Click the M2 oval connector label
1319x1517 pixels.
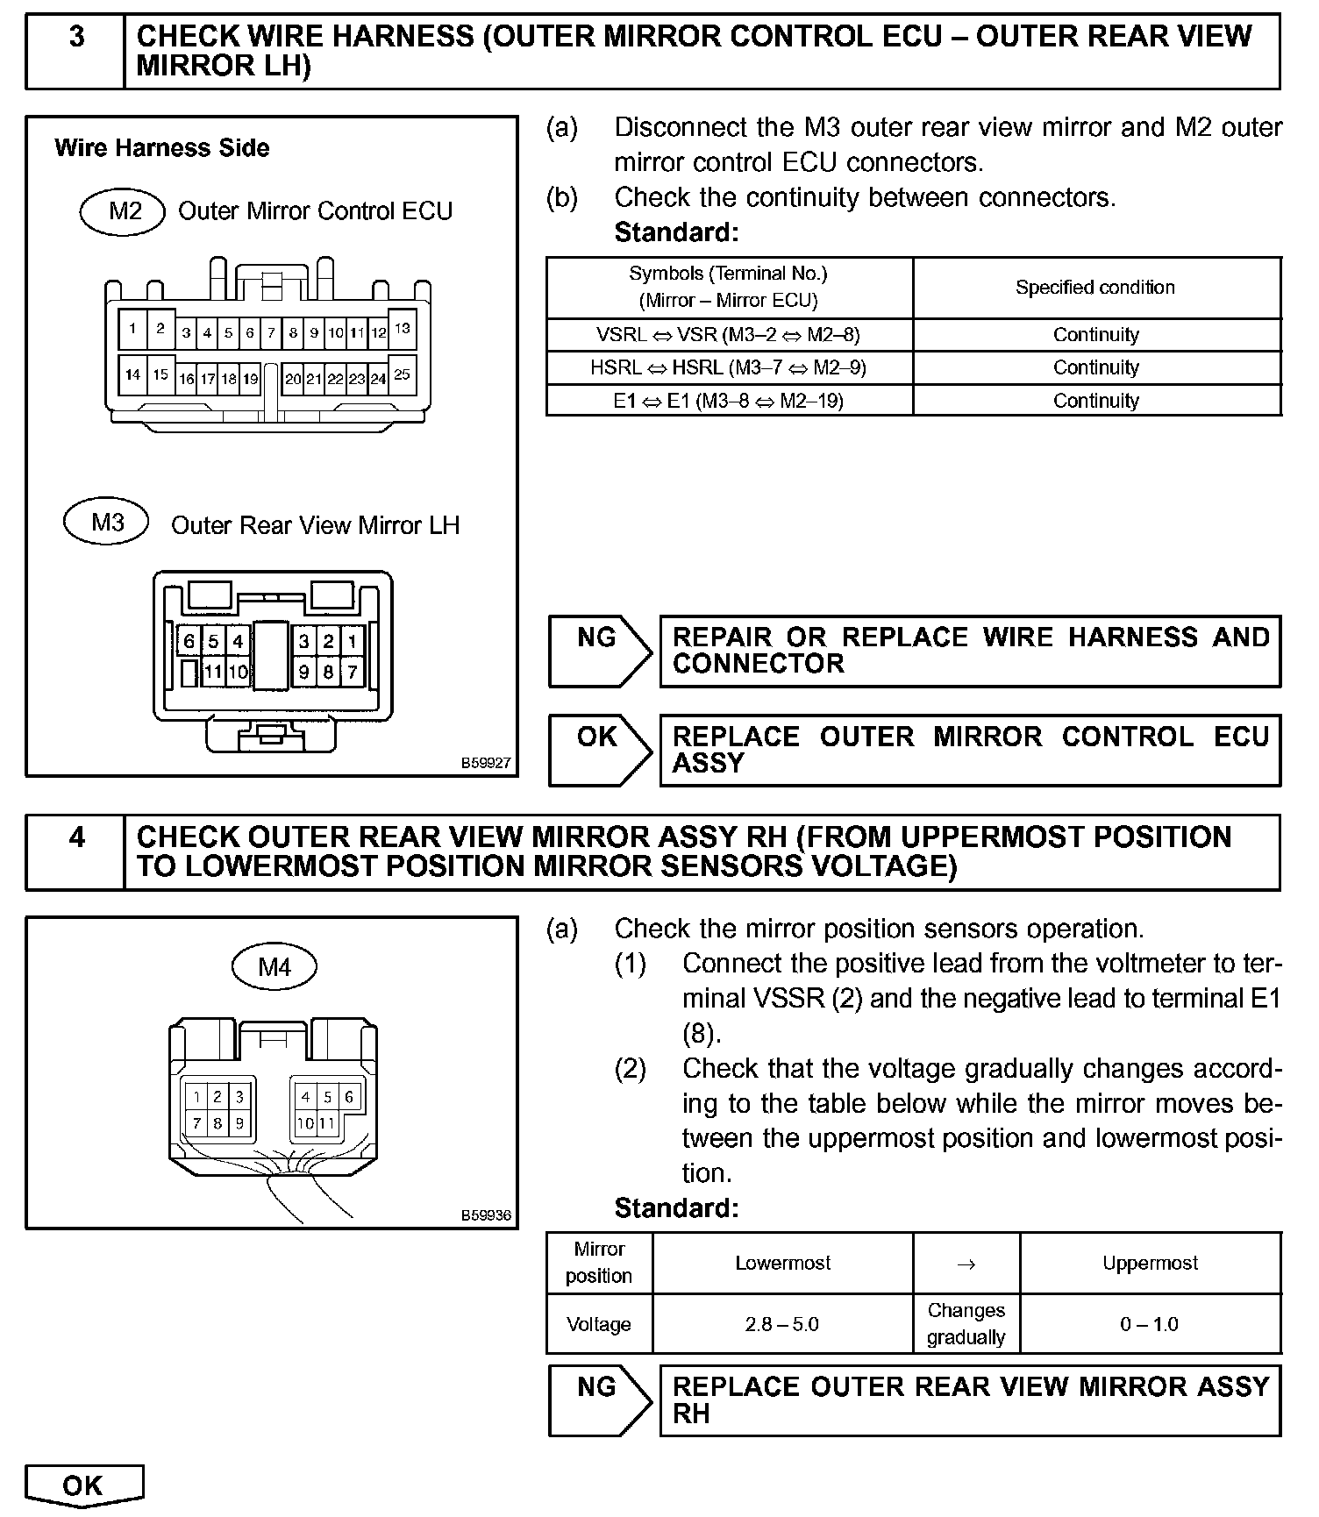(124, 212)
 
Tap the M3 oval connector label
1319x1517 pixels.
(107, 523)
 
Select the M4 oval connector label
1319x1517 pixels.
(274, 967)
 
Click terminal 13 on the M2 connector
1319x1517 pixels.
(402, 330)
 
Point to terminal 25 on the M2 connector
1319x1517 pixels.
(402, 375)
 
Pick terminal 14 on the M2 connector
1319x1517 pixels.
(132, 375)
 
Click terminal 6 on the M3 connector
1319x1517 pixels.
(189, 641)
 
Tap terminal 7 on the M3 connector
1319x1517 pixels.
(352, 673)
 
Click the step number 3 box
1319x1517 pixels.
(76, 51)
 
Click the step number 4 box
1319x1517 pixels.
(76, 852)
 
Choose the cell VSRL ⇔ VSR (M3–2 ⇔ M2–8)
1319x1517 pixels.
(729, 335)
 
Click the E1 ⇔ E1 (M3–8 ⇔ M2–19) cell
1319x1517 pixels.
(729, 401)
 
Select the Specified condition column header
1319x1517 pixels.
(1095, 288)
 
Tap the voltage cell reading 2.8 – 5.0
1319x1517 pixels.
(782, 1324)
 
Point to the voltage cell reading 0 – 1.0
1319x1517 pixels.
(1150, 1324)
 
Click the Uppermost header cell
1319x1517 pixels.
(1150, 1263)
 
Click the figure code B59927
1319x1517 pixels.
(486, 764)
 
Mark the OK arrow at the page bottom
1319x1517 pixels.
(83, 1485)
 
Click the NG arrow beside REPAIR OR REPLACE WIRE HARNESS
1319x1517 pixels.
(600, 651)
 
